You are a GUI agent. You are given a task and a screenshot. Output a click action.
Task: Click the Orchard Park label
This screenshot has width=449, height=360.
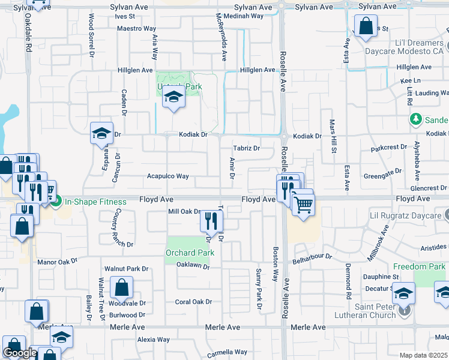point(190,253)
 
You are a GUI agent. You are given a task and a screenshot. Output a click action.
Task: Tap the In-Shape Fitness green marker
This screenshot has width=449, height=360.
point(56,202)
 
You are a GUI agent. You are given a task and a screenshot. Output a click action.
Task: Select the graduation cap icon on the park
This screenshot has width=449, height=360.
point(173,97)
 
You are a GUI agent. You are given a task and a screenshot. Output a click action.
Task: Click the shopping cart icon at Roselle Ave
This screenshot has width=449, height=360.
point(304,205)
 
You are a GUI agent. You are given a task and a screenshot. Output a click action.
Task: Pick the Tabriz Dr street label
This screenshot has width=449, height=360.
point(247,148)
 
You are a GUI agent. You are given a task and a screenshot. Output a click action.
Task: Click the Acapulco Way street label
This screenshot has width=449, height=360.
point(168,176)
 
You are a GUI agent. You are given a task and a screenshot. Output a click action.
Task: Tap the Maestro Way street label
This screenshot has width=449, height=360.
point(136,28)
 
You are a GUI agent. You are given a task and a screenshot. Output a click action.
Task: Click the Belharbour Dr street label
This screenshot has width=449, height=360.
point(312,260)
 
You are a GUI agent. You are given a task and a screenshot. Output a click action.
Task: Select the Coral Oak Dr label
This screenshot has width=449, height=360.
point(191,302)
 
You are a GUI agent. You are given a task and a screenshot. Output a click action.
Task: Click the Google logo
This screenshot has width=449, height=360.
point(20,353)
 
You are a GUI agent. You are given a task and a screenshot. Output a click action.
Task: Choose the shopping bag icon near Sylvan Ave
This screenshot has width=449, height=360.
point(365,26)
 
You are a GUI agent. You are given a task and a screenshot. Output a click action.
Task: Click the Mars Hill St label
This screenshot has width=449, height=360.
point(332,136)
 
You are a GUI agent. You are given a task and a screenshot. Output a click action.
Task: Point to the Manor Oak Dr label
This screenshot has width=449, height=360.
point(58,262)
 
